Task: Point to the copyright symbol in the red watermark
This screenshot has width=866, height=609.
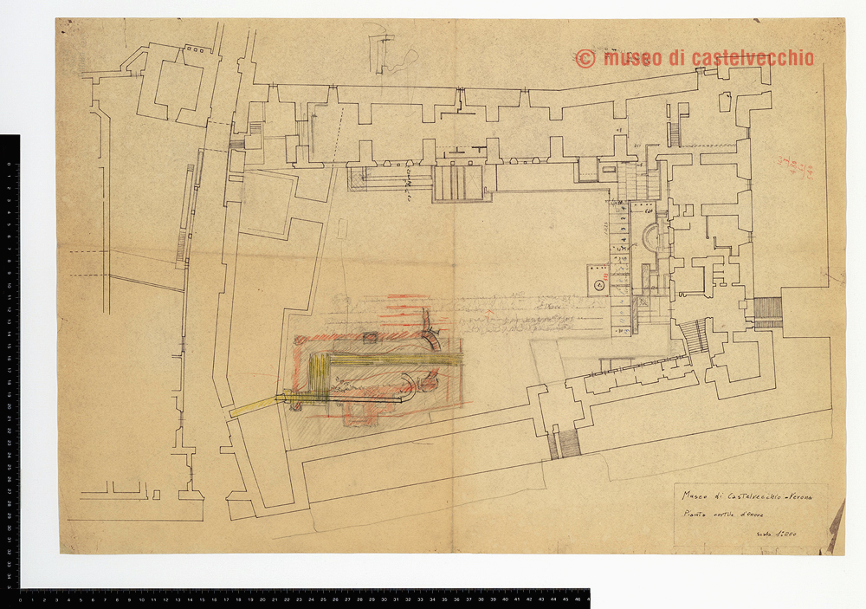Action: [x=585, y=59]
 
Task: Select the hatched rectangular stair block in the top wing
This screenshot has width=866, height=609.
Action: [x=459, y=182]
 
